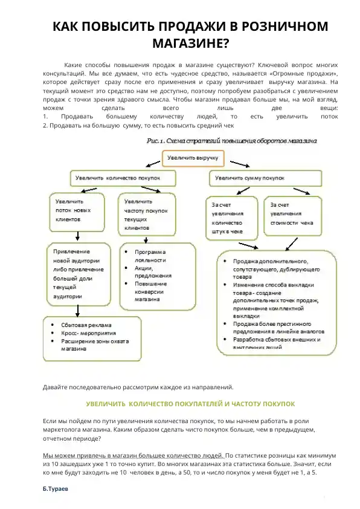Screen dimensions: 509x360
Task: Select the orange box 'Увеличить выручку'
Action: pos(192,158)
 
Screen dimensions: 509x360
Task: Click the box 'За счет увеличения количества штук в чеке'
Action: pos(232,218)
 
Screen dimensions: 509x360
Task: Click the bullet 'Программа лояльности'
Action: pos(151,255)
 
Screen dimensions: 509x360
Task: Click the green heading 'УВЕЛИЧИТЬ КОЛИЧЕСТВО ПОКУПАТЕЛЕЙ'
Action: pos(190,403)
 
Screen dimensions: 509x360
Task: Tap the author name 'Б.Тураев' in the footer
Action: pos(56,487)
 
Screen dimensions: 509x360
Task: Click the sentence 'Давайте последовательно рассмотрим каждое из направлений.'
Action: pos(138,387)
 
